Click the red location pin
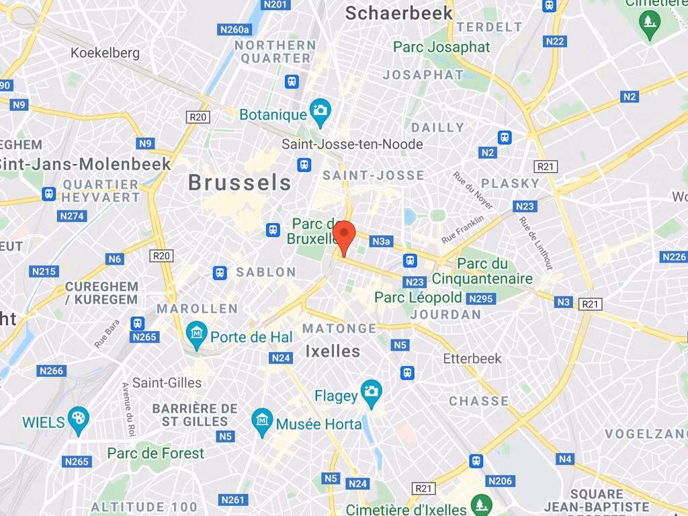pos(344,235)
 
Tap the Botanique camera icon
pos(320,111)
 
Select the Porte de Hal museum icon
pos(196,334)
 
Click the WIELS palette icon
pos(79,419)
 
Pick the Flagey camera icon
pos(371,392)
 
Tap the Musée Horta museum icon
pos(262,421)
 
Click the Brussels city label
pos(240,182)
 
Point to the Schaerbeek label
pos(398,13)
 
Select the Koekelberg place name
pos(105,52)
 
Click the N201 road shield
pos(275,5)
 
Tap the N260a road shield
pos(234,30)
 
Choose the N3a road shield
pos(381,241)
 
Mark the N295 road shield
pos(481,298)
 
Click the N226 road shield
pos(674,257)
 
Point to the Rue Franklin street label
pos(462,229)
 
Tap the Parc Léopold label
pos(418,297)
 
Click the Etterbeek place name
pos(472,359)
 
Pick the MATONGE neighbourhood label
pos(339,329)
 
